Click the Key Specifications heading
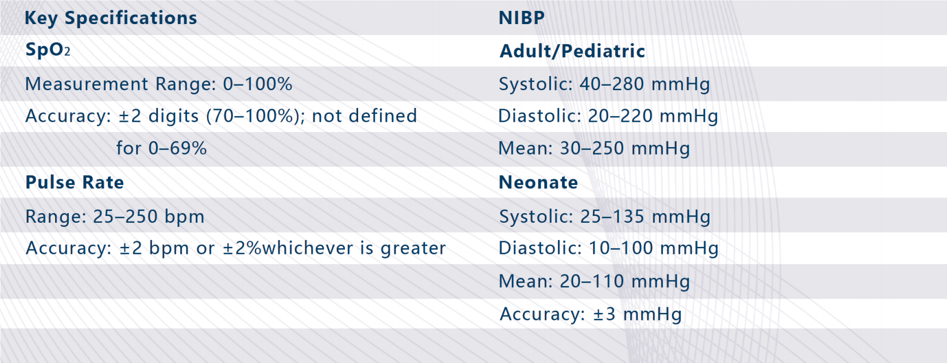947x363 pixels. coord(111,18)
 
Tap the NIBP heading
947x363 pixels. coord(522,18)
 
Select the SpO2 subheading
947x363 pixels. coord(48,50)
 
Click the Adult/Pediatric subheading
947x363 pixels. coord(572,51)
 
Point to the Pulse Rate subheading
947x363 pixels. coord(75,182)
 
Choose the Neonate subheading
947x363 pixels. coord(538,182)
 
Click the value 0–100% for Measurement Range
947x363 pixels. coord(258,84)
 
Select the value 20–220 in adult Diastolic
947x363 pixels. coord(620,116)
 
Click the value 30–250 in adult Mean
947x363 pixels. coord(592,148)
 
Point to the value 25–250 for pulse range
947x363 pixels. coord(125,217)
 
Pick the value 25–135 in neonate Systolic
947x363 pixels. coord(612,217)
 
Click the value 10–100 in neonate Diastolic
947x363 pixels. coord(620,248)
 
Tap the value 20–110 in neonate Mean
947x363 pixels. coord(592,281)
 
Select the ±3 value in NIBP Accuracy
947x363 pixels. coord(604,314)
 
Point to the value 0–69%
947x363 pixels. coord(177,148)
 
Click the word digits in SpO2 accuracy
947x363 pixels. coord(173,117)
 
